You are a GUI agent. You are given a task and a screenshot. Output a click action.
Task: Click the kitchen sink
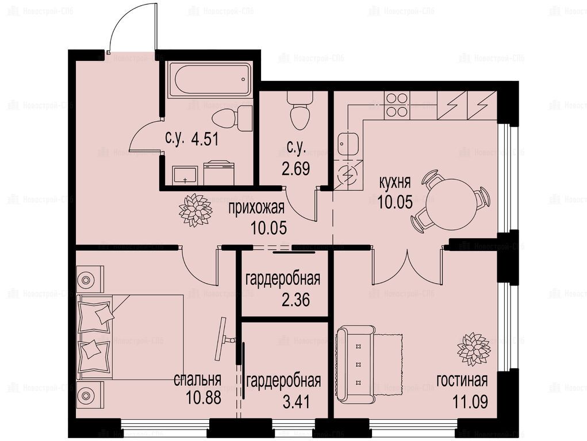[x=348, y=144]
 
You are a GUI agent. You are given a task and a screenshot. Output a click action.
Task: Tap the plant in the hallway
[x=195, y=210]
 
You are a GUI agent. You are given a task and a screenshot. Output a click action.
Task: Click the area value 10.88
[x=204, y=398]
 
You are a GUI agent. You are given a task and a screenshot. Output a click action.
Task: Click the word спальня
[x=197, y=380]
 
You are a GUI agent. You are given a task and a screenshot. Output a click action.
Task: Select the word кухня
[x=395, y=183]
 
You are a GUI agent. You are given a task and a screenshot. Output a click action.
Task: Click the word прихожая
[x=256, y=208]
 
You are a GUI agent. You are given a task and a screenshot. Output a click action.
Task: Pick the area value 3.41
[x=297, y=403]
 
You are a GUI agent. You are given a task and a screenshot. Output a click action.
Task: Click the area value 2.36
[x=296, y=300]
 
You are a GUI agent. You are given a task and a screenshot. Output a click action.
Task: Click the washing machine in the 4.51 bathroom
[x=218, y=172]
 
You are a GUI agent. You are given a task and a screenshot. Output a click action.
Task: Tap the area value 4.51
[x=205, y=139]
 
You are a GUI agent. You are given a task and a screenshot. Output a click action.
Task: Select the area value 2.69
[x=296, y=169]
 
